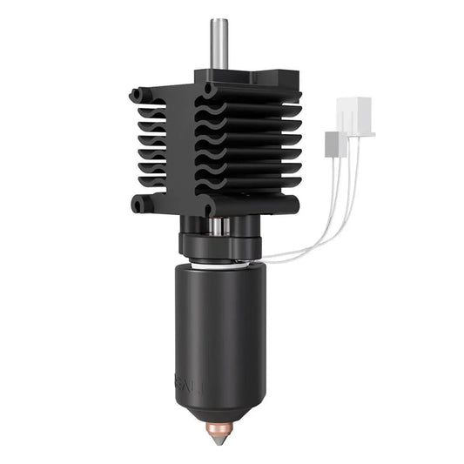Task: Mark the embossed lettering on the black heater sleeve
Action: coord(189,381)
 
